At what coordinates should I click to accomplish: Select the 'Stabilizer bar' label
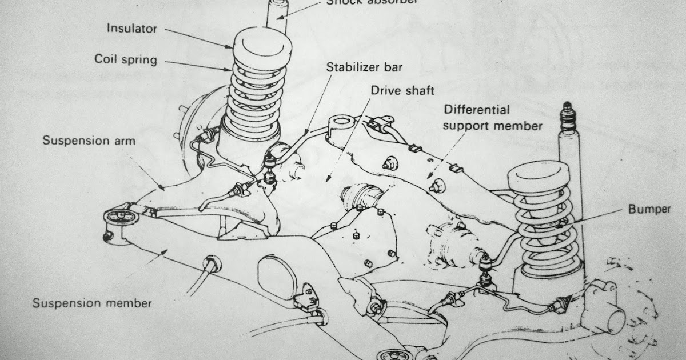pyautogui.click(x=364, y=67)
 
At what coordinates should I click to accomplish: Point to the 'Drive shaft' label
pyautogui.click(x=402, y=90)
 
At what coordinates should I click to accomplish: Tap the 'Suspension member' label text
pyautogui.click(x=92, y=303)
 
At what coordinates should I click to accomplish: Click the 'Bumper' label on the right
pyautogui.click(x=650, y=209)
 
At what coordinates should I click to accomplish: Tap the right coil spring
pyautogui.click(x=546, y=229)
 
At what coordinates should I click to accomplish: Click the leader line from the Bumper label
pyautogui.click(x=600, y=215)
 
